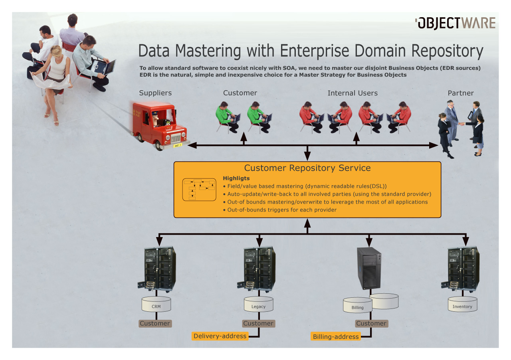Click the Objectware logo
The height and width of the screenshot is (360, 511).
(x=455, y=23)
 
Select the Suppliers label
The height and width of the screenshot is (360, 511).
(x=155, y=93)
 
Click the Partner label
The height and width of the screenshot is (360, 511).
(x=461, y=93)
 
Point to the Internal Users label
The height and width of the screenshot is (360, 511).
(x=353, y=93)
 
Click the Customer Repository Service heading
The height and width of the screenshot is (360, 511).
(x=307, y=168)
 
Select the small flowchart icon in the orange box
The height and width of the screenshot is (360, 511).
(x=198, y=189)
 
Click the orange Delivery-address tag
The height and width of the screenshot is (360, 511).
(x=220, y=336)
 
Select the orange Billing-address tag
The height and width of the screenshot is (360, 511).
(x=336, y=336)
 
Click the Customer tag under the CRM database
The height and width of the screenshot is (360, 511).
(x=155, y=323)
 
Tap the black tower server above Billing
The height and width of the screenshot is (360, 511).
(x=369, y=268)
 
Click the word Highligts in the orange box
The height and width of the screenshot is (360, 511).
(x=236, y=178)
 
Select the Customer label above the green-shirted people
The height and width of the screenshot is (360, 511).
(x=240, y=93)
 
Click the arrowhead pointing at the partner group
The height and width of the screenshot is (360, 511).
(x=434, y=145)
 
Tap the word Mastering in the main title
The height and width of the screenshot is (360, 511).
(x=208, y=51)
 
